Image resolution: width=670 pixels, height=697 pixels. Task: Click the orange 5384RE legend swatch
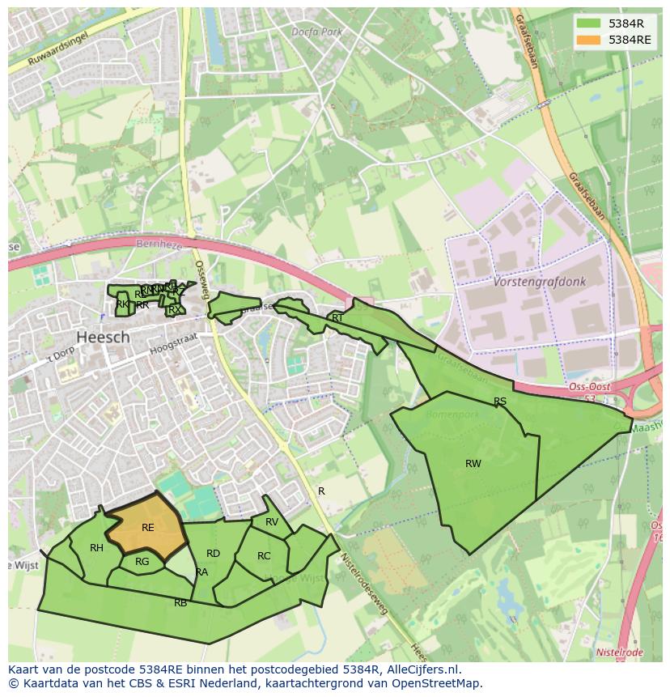pyautogui.click(x=589, y=40)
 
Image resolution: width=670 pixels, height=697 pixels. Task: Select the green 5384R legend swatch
pyautogui.click(x=589, y=23)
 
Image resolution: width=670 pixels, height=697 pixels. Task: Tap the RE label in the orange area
pyautogui.click(x=148, y=528)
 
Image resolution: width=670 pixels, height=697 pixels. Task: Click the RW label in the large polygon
pyautogui.click(x=473, y=464)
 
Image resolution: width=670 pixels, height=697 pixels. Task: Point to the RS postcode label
pyautogui.click(x=500, y=402)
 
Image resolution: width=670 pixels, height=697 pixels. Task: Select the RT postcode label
pyautogui.click(x=337, y=318)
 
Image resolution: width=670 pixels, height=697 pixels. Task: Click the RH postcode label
pyautogui.click(x=96, y=548)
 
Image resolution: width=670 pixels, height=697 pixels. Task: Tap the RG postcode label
pyautogui.click(x=142, y=562)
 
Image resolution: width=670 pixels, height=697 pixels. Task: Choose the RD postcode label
pyautogui.click(x=213, y=554)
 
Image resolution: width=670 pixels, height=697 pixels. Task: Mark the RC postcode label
pyautogui.click(x=264, y=556)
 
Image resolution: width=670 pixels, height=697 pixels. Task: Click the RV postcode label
pyautogui.click(x=272, y=522)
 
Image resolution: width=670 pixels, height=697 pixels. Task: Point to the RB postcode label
pyautogui.click(x=180, y=603)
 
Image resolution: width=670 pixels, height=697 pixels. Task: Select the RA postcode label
pyautogui.click(x=201, y=572)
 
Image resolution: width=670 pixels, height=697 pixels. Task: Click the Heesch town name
pyautogui.click(x=103, y=337)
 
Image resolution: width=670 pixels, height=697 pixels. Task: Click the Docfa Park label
pyautogui.click(x=317, y=32)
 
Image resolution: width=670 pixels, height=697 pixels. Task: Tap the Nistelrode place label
pyautogui.click(x=619, y=652)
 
